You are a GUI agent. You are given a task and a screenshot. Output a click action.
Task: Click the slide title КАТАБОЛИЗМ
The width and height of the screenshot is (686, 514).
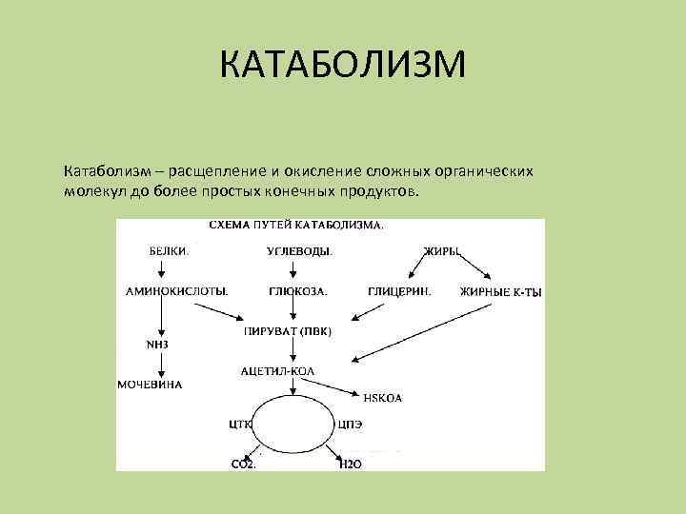click(x=343, y=66)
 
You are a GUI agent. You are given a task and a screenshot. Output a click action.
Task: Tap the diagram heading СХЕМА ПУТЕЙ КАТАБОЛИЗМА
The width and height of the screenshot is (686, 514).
click(x=296, y=227)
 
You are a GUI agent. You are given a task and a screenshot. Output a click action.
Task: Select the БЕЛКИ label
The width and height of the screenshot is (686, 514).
click(x=170, y=252)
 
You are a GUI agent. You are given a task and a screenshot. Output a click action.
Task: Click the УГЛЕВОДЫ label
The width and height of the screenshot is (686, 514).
click(x=299, y=252)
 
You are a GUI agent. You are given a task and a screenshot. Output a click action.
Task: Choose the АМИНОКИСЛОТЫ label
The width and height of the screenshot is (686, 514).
click(x=177, y=291)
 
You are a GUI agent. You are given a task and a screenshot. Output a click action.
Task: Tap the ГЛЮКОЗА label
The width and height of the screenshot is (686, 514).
click(x=298, y=291)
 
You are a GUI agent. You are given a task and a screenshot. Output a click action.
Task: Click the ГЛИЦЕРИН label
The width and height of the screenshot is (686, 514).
click(x=399, y=291)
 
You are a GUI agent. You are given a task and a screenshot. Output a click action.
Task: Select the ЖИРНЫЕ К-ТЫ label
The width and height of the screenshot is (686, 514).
click(x=500, y=292)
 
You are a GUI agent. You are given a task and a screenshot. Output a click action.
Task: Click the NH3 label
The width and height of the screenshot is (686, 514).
click(x=156, y=344)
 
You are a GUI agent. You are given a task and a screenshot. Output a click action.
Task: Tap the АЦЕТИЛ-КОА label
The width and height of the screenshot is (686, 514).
click(x=279, y=369)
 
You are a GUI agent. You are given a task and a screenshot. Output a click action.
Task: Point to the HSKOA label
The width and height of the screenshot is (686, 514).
click(x=382, y=398)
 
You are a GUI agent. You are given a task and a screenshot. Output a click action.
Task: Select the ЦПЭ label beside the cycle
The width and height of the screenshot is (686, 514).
click(x=350, y=425)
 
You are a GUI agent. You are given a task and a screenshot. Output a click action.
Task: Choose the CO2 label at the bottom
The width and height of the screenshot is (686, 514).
click(x=243, y=464)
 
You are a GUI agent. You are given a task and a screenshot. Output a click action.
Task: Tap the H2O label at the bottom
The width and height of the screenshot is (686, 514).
click(x=352, y=464)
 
